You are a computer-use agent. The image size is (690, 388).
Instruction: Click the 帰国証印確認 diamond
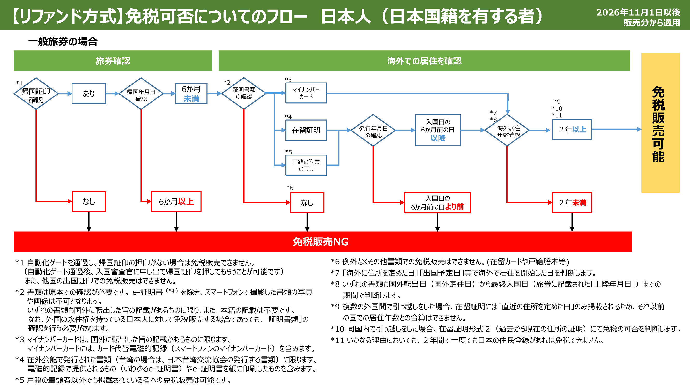(x=36, y=93)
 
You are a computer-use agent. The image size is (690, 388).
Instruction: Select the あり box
(x=89, y=93)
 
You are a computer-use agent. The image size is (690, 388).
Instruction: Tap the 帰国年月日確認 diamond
(x=141, y=93)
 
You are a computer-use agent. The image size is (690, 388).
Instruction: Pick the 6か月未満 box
(x=191, y=93)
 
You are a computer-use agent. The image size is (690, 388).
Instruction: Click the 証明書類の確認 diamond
(x=244, y=93)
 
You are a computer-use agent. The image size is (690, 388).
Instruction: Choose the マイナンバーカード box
(x=306, y=93)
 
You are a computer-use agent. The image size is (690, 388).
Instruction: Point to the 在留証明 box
(x=306, y=130)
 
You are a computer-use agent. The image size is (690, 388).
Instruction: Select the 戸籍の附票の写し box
(x=306, y=165)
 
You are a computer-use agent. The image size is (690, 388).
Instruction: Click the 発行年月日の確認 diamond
(x=373, y=130)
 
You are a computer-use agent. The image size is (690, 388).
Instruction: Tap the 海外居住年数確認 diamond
(x=507, y=130)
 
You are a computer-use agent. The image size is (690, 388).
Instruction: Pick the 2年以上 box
(x=572, y=129)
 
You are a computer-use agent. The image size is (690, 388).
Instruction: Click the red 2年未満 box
(x=572, y=203)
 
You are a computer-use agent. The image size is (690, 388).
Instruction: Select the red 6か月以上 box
(x=176, y=201)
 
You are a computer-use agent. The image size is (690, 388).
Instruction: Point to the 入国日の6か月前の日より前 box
(x=437, y=203)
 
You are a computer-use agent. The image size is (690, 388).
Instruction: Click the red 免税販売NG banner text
(x=320, y=242)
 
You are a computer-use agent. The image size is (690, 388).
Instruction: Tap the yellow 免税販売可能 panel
(x=660, y=123)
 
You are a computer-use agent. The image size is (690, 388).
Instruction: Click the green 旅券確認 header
(x=113, y=61)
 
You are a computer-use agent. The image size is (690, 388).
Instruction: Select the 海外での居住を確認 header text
(x=424, y=61)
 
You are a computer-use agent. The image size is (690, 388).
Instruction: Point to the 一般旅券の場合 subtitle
(x=63, y=41)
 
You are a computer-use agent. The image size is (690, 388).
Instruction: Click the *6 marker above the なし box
(x=290, y=188)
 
